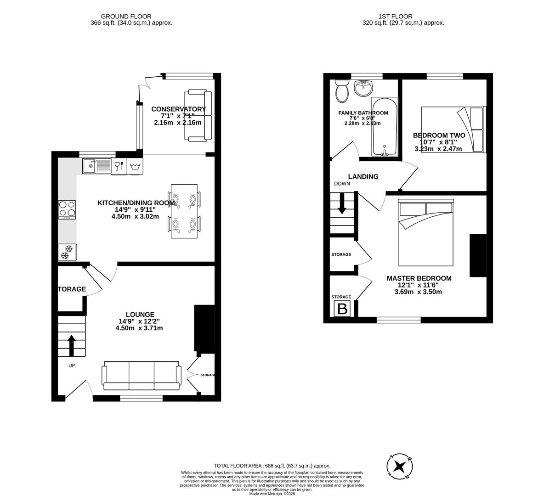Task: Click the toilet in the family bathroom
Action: click(341, 91)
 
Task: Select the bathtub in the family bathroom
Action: click(384, 126)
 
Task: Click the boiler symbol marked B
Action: click(342, 309)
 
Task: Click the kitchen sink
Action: click(96, 166)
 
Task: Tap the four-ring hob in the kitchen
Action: click(67, 210)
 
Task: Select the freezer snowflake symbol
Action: click(68, 252)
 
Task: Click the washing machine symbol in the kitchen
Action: click(135, 166)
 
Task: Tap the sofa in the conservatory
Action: click(198, 115)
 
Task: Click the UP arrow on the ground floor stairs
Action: click(72, 345)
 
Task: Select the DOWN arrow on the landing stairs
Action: click(342, 203)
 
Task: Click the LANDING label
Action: click(363, 177)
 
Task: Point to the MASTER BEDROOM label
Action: click(419, 278)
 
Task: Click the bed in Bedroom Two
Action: click(453, 130)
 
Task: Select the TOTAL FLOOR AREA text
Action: click(272, 466)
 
